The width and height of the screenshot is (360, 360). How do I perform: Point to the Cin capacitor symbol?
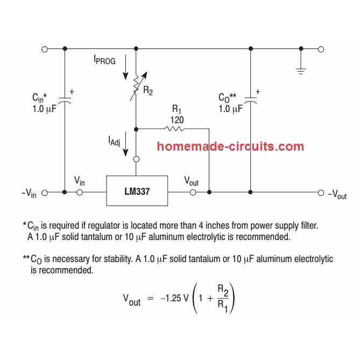tap(65, 100)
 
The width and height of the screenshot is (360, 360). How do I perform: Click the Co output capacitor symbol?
tap(250, 100)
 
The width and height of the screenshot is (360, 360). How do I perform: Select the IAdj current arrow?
tap(125, 146)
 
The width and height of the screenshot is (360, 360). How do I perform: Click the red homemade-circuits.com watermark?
tap(231, 146)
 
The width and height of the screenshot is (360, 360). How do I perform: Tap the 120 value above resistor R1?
tap(177, 119)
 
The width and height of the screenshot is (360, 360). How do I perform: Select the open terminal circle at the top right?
tap(321, 49)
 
